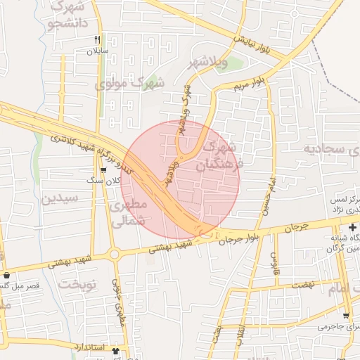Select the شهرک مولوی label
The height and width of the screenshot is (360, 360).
pyautogui.click(x=129, y=83)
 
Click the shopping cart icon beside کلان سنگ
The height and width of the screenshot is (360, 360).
pyautogui.click(x=103, y=169)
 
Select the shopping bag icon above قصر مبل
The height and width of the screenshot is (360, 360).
pyautogui.click(x=6, y=276)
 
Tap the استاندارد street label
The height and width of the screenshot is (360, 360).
pyautogui.click(x=89, y=348)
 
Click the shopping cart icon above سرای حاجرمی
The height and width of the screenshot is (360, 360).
pyautogui.click(x=345, y=316)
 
